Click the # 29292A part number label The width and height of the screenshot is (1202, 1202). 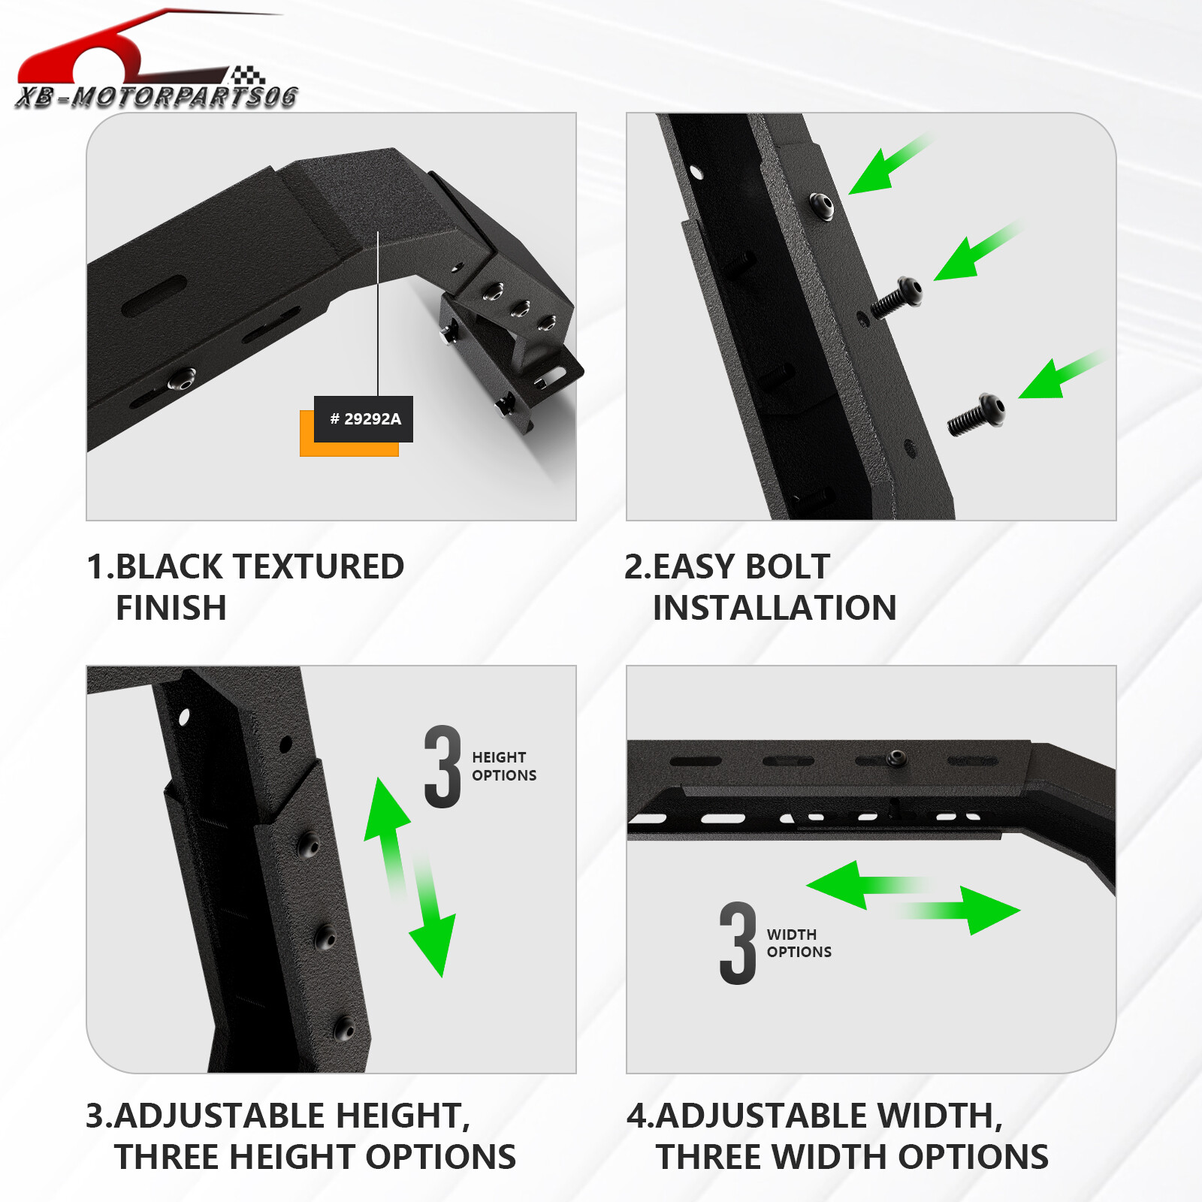coord(364,419)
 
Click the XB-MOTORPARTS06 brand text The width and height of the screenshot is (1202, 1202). coord(156,97)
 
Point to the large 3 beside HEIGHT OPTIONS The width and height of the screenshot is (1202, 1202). coord(442,767)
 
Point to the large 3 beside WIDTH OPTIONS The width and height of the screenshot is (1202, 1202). coord(738,944)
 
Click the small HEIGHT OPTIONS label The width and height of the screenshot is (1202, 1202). coord(503,766)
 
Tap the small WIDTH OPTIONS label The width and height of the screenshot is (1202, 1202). coord(799,944)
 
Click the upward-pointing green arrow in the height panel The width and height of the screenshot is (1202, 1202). coord(388,826)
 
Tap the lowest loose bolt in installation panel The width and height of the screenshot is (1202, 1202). coord(976,415)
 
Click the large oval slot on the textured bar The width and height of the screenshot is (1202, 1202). coord(154,296)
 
